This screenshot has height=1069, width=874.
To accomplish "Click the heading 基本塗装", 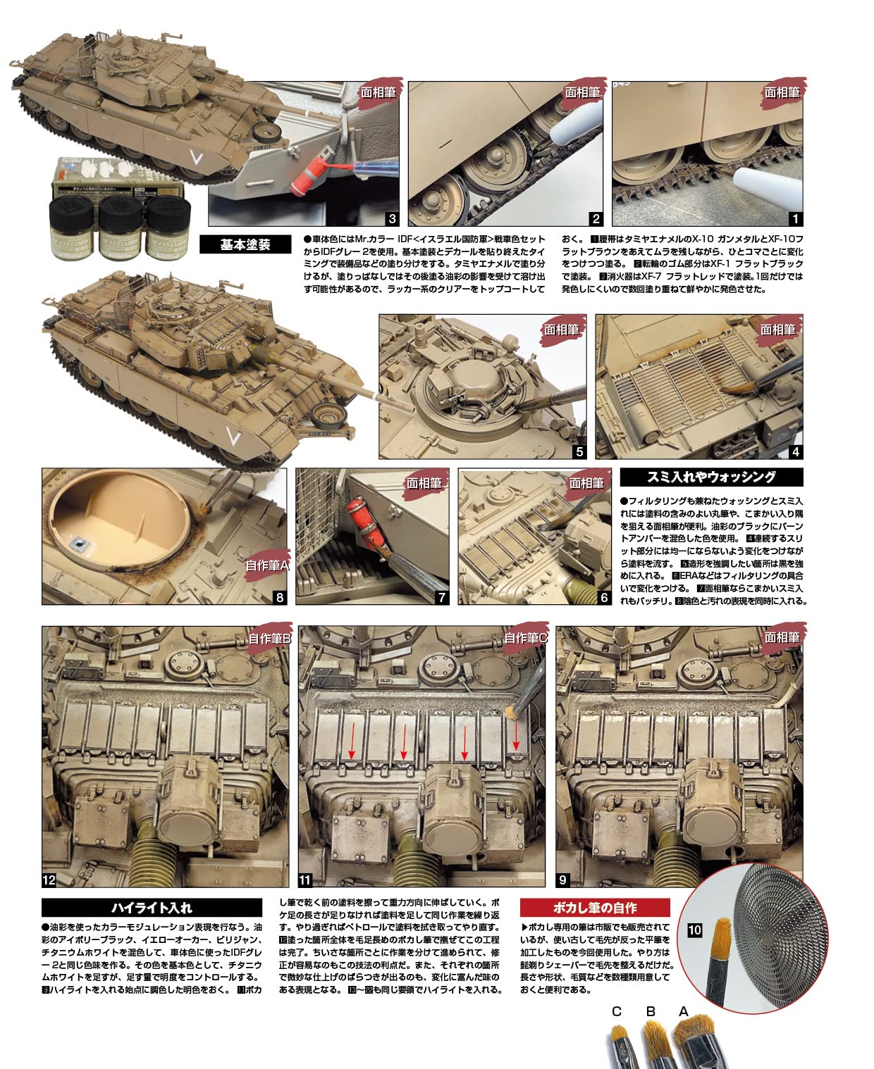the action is pos(245,244).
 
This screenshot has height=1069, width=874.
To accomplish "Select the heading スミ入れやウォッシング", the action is pos(711,477).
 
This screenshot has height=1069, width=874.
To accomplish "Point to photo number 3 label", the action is pos(392,218).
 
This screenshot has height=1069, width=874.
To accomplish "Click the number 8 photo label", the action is pos(280,598).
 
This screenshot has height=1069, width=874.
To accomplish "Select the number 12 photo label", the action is pos(49,880).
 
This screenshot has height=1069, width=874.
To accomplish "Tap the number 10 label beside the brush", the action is pos(694,930).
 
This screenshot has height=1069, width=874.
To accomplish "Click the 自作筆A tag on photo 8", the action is pos(267,565).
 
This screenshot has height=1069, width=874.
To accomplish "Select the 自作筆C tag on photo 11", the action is pos(526,638).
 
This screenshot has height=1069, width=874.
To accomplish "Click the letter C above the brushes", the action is pos(616,1011).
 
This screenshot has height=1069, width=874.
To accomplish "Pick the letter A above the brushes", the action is pos(683,1011).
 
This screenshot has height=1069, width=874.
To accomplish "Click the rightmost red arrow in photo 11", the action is pos(516,737).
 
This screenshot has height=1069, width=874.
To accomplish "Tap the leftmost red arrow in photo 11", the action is pos(352,740).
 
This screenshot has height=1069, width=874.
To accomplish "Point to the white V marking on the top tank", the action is pos(197,158).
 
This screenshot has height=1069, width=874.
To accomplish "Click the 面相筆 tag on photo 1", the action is pos(781,92).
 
